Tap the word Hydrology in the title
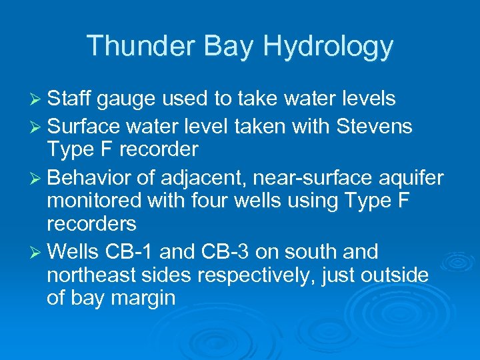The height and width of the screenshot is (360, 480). pos(329,46)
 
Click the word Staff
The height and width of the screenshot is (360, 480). pos(69,99)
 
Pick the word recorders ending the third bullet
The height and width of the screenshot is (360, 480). pos(91,223)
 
